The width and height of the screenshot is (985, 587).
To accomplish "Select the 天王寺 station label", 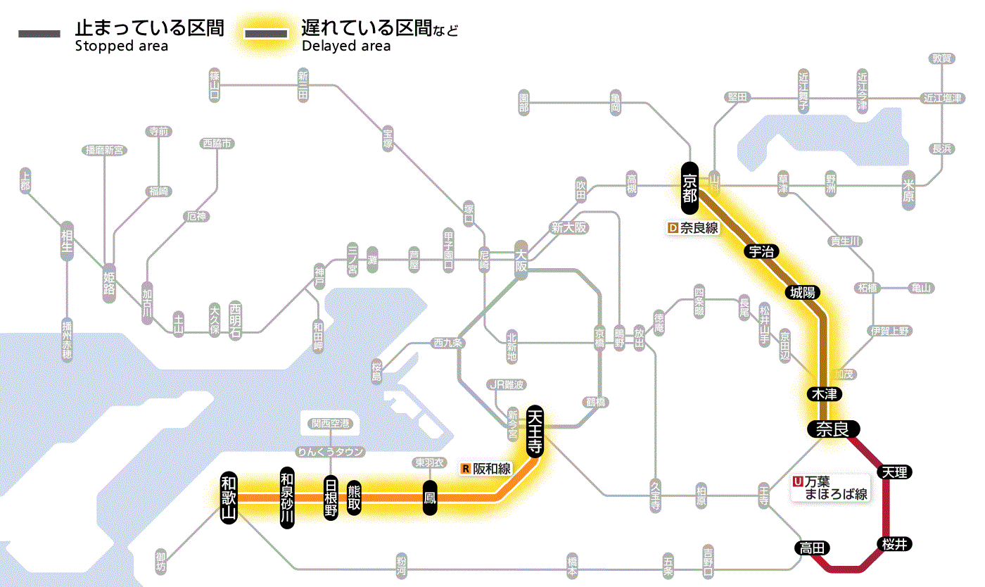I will [535, 430].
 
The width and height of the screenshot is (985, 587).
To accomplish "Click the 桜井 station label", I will [894, 543].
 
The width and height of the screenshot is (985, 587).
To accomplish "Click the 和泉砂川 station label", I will [286, 497].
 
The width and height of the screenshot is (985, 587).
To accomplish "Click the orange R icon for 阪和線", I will [466, 468].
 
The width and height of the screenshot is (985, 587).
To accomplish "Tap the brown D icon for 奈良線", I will [673, 228].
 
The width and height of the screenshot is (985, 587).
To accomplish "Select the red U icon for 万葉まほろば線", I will [797, 482].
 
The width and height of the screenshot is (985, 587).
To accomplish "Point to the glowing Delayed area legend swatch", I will [265, 34].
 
